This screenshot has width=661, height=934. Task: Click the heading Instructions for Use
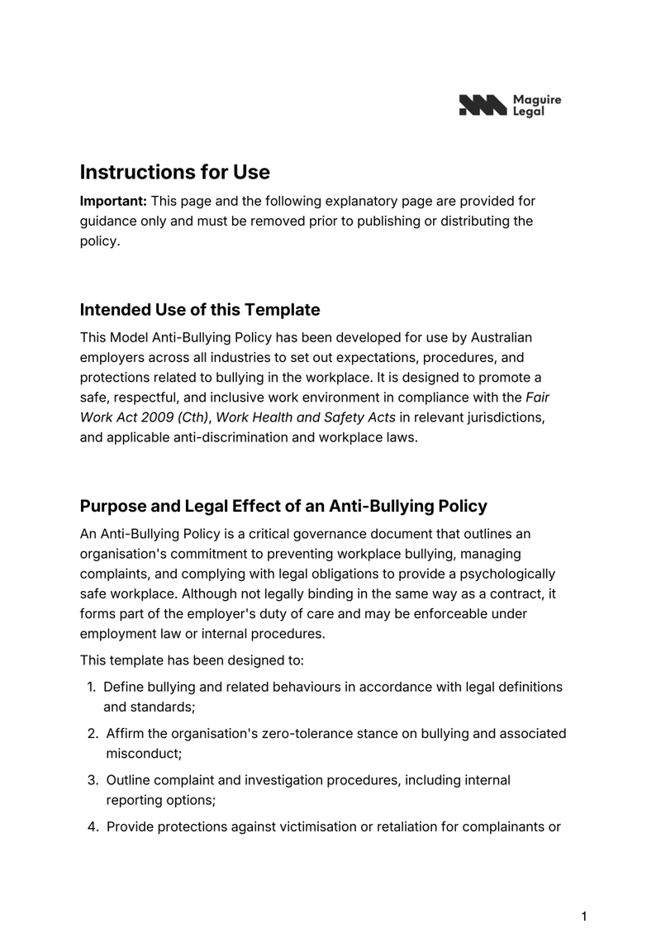click(174, 172)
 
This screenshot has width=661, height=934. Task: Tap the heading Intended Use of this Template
click(199, 310)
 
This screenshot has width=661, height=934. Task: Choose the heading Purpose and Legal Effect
click(283, 506)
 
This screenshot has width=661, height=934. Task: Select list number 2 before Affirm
click(93, 733)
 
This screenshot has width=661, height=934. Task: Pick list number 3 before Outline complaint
click(93, 779)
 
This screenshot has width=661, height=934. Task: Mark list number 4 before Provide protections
click(93, 826)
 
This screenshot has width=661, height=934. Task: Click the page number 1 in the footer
click(583, 916)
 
